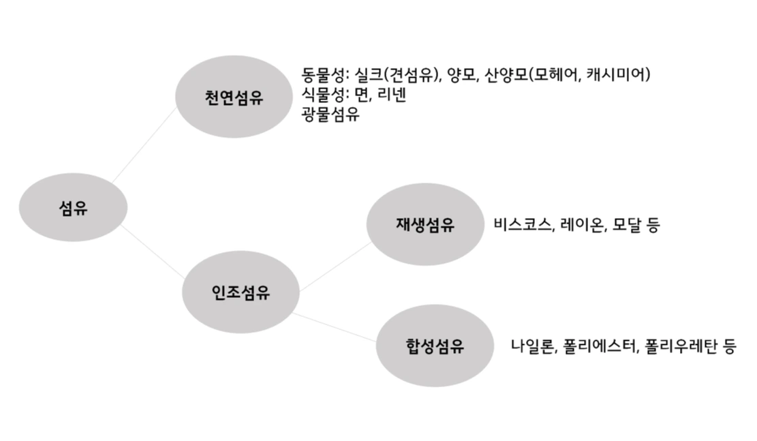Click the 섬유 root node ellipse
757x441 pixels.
73,207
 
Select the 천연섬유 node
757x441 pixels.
234,97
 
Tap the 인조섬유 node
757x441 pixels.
240,293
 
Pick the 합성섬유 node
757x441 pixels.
434,346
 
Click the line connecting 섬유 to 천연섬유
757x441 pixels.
144,146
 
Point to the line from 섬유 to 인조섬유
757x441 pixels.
153,250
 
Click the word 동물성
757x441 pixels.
324,74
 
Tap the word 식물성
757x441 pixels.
324,95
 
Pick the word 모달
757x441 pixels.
625,225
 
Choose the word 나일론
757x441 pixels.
535,346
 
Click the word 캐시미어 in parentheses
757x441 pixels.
615,74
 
